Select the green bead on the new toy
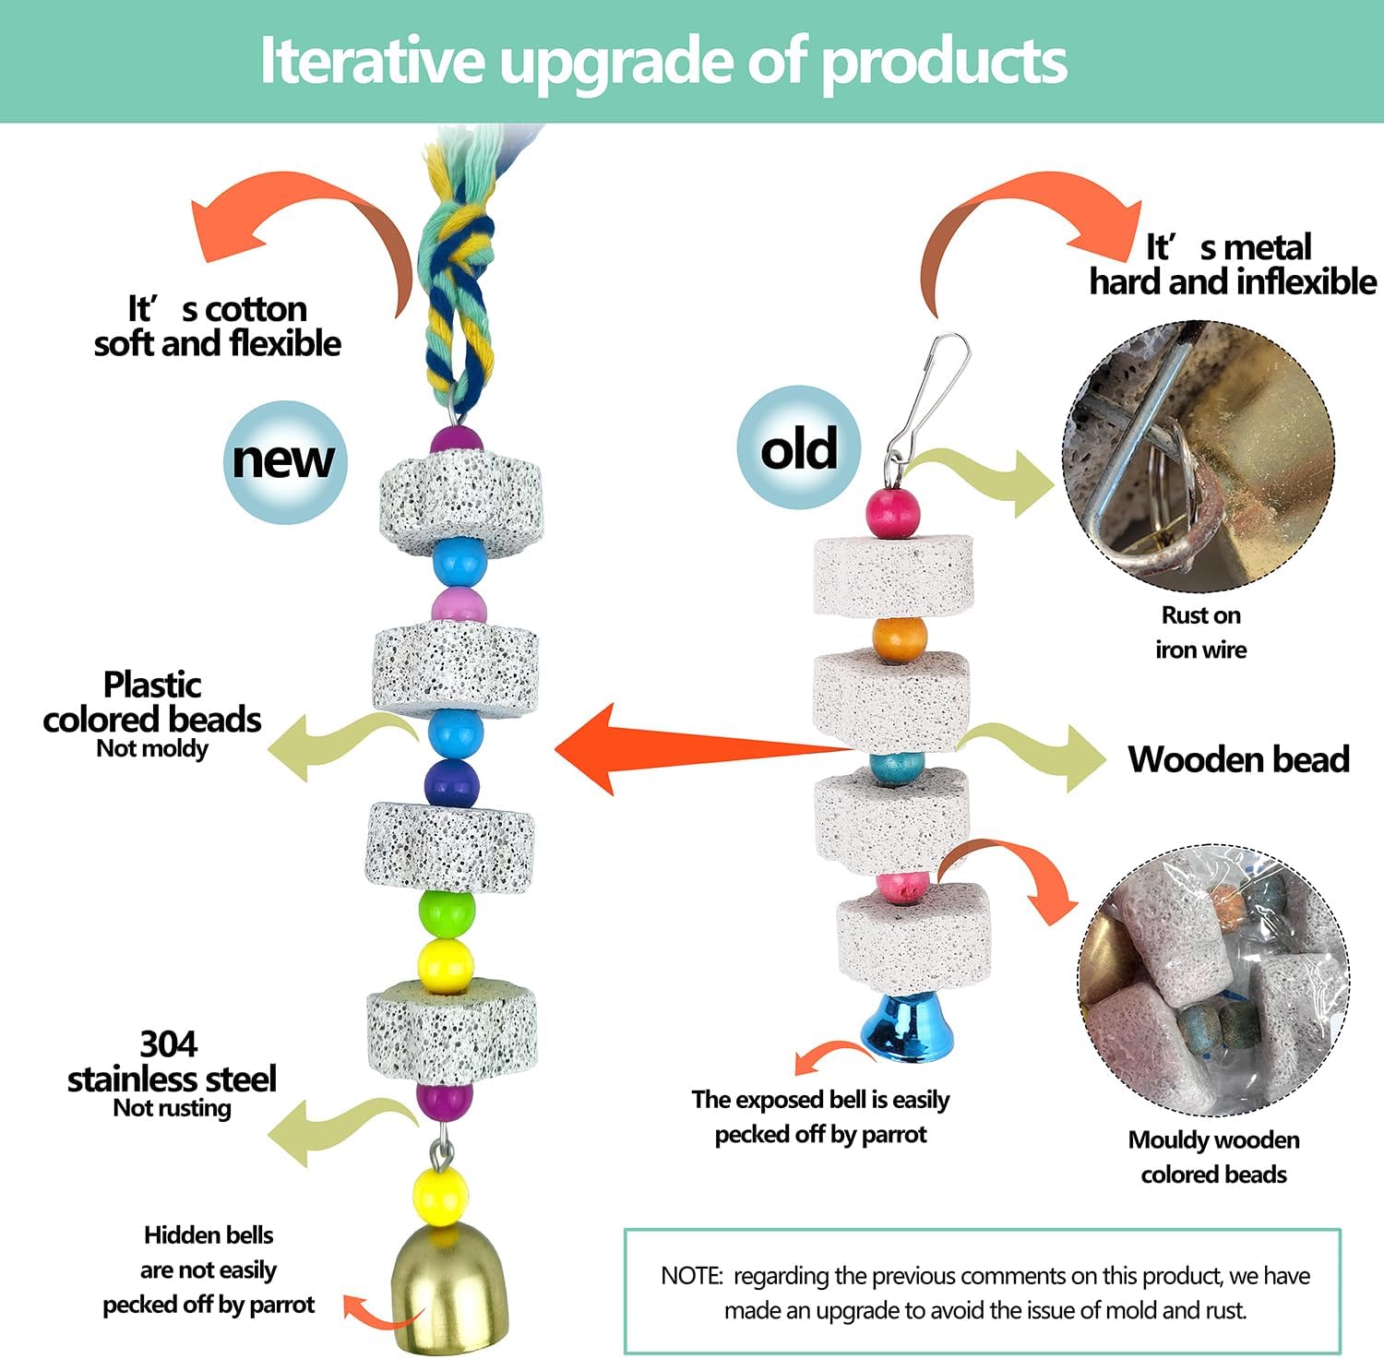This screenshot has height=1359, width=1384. point(447,912)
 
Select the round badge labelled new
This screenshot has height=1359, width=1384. point(284,461)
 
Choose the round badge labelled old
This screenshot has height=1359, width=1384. point(799,447)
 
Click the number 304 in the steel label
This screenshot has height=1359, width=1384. point(169,1044)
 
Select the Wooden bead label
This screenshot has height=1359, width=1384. point(1238,759)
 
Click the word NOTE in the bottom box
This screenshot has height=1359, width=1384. point(690,1276)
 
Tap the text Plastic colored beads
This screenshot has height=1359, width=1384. point(152,702)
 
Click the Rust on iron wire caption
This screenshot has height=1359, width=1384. point(1200,632)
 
